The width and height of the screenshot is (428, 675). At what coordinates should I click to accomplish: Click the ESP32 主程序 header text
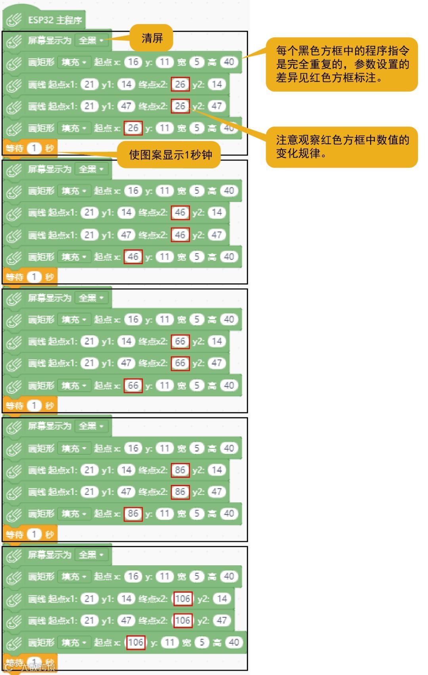(x=55, y=20)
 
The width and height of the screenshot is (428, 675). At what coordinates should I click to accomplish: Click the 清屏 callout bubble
(x=152, y=38)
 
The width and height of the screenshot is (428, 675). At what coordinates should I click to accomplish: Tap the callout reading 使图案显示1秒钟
(x=170, y=154)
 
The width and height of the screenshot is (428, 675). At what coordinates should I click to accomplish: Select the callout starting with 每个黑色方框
(x=342, y=64)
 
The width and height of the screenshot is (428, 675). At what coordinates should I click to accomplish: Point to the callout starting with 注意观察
(x=342, y=147)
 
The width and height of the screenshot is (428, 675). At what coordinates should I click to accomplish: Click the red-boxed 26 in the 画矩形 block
(x=133, y=128)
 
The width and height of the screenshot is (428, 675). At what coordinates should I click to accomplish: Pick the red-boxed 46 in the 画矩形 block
(x=133, y=257)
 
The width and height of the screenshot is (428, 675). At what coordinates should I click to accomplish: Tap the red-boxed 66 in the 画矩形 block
(x=133, y=385)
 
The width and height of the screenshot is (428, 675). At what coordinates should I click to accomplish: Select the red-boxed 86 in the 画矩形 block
(x=133, y=514)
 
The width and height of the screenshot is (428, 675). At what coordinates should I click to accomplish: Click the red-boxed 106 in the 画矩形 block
(x=136, y=643)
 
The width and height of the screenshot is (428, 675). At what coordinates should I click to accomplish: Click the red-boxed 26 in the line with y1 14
(x=180, y=84)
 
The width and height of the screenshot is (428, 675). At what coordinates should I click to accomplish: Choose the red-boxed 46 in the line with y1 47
(x=180, y=235)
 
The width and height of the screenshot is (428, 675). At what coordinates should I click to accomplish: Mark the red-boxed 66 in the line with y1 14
(x=180, y=341)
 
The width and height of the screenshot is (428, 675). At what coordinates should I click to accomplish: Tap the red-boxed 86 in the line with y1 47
(x=180, y=492)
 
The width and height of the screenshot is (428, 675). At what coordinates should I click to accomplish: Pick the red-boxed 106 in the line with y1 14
(x=183, y=599)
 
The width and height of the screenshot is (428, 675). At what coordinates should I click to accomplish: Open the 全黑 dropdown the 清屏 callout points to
(x=91, y=40)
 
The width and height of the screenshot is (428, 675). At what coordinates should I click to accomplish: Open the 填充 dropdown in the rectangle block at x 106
(x=74, y=643)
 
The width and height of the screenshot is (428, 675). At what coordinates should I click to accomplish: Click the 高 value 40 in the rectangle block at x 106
(x=234, y=643)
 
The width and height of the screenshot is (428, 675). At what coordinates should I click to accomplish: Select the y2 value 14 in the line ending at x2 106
(x=222, y=599)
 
